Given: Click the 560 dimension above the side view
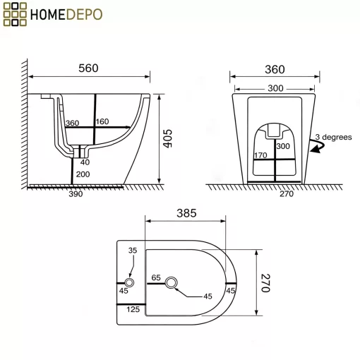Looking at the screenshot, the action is [88, 68].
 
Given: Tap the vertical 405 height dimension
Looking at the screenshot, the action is [168, 138].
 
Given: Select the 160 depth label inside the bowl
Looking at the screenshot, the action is [102, 121].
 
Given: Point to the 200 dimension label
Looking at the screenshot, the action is [83, 174].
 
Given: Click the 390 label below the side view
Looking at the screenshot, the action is [76, 194].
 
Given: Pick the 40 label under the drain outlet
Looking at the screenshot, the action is [85, 162].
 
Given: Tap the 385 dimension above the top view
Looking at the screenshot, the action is [186, 213].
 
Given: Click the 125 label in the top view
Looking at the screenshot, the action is [133, 309].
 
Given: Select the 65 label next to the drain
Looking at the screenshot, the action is [156, 277].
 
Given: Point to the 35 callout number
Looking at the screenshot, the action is [133, 251].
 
